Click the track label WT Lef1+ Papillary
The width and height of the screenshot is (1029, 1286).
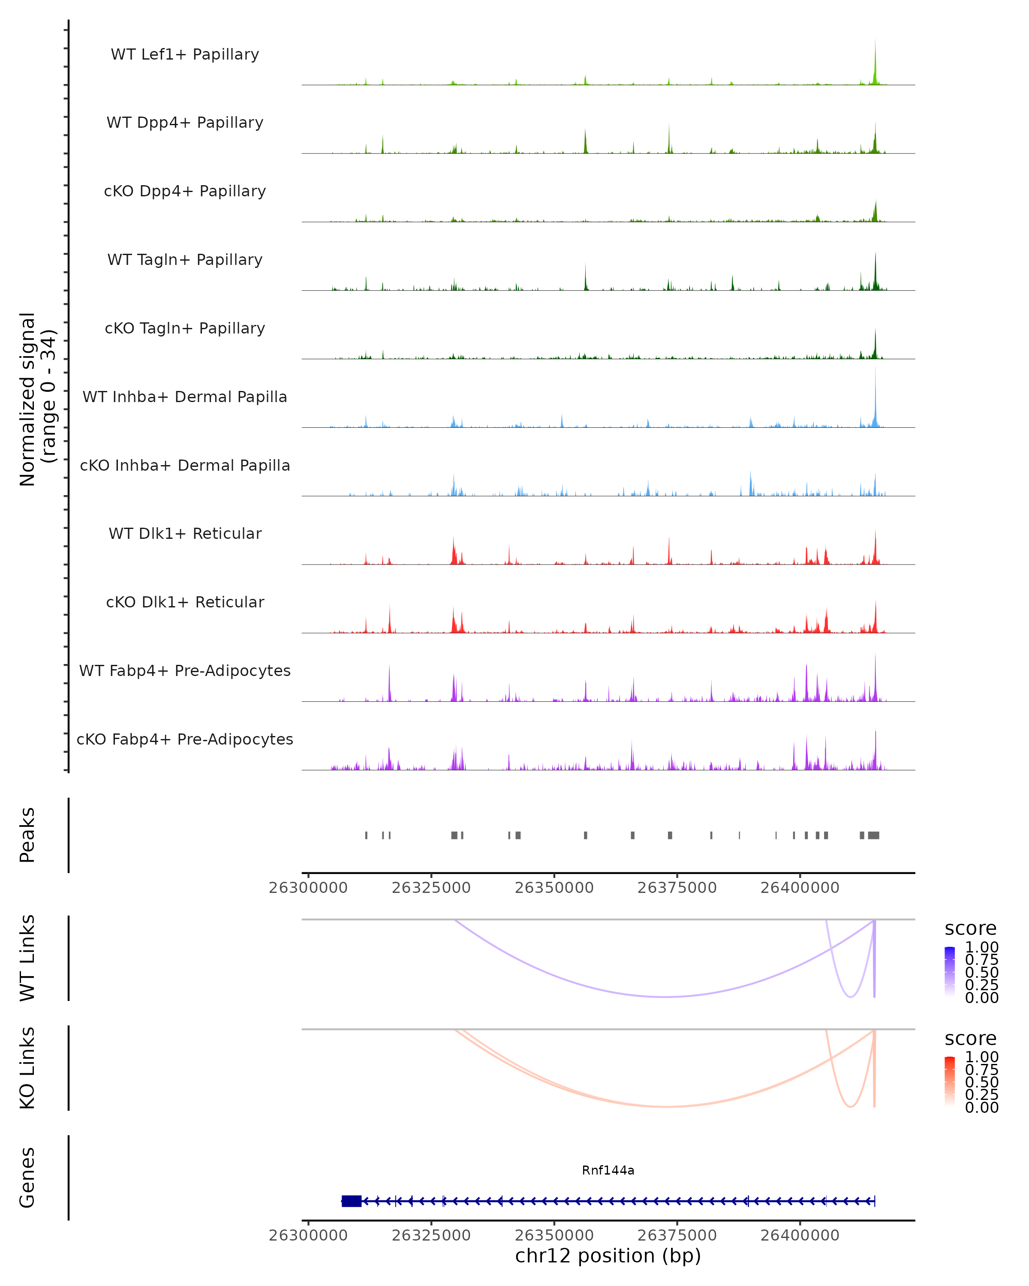[185, 54]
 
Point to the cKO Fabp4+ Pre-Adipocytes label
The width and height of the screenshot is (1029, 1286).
[185, 739]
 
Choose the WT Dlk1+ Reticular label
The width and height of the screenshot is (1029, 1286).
[185, 533]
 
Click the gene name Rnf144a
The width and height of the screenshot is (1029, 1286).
[608, 1170]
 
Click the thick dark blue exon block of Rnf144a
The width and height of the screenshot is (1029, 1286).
[351, 1201]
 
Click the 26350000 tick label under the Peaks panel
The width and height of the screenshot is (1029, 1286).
[554, 888]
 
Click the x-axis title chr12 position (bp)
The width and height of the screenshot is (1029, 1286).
[608, 1256]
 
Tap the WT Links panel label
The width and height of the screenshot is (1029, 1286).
[27, 958]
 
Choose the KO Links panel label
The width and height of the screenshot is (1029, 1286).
[27, 1068]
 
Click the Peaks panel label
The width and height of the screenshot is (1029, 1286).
[27, 835]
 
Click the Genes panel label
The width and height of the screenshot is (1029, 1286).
[27, 1178]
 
